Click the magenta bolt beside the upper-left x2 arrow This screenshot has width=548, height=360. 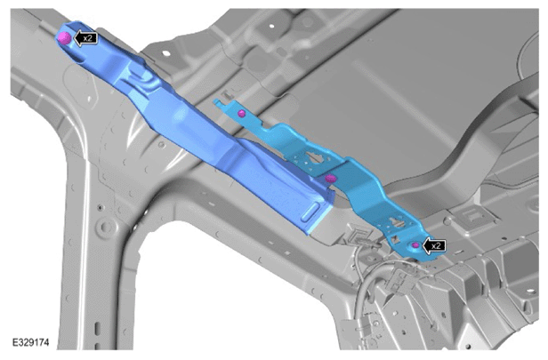(x=64, y=37)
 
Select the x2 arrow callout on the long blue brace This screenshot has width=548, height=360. (x=85, y=38)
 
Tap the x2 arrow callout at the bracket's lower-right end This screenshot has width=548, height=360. (x=434, y=245)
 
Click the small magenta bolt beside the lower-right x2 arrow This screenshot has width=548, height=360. (x=415, y=245)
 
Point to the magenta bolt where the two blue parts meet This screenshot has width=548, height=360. (x=330, y=179)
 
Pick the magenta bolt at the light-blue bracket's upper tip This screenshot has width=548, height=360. (x=241, y=113)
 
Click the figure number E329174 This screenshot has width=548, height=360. (x=31, y=342)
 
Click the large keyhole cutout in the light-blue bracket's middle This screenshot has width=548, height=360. (x=316, y=157)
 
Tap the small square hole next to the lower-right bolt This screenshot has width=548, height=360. (x=396, y=239)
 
